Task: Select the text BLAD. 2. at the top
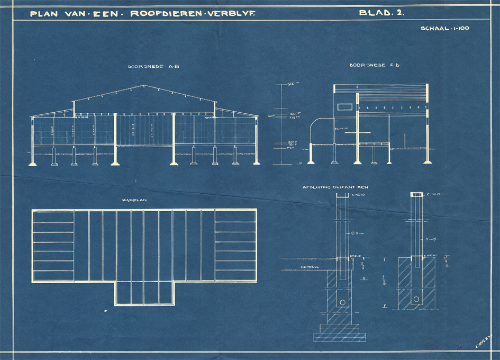coord(381,13)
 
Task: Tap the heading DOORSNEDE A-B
coord(146,67)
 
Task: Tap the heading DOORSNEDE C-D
coord(368,66)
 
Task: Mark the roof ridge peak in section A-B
coord(144,86)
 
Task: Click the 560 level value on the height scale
coord(293,84)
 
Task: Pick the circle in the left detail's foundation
coord(342,302)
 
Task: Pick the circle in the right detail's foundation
coord(416,300)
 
